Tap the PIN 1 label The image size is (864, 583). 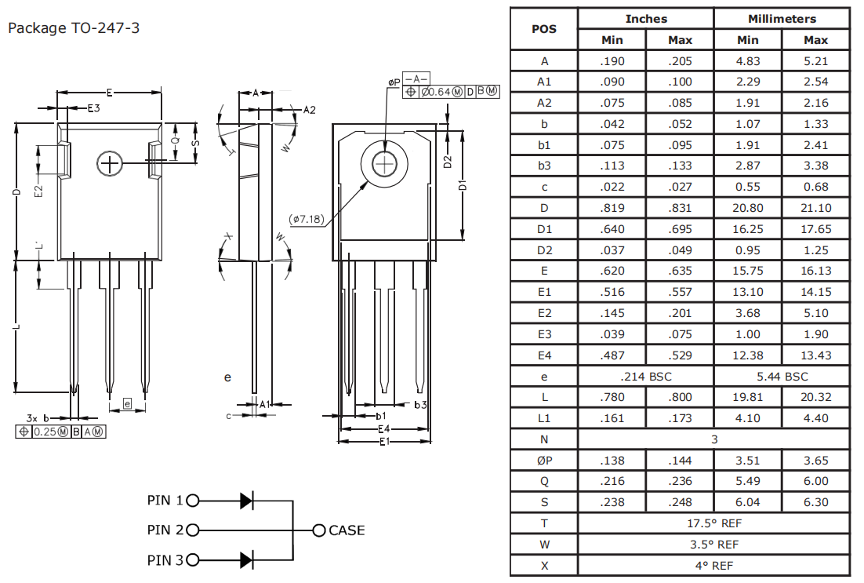point(165,500)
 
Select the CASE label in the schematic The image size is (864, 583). point(347,530)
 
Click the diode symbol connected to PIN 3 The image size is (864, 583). point(246,559)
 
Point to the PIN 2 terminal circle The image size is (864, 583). point(193,530)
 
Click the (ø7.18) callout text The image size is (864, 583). point(306,219)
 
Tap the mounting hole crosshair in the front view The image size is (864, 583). point(110,163)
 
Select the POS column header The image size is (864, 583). point(543,29)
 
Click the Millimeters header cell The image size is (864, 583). point(781,19)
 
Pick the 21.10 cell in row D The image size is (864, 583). point(815,208)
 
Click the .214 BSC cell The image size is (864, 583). point(645,377)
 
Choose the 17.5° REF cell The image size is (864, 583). point(713,523)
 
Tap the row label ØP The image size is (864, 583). point(543,461)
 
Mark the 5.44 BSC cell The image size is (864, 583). point(781,377)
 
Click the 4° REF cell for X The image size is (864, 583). point(713,565)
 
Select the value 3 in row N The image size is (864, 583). point(713,439)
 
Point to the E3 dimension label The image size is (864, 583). point(93,108)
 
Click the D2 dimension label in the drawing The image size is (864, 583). point(447,162)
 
